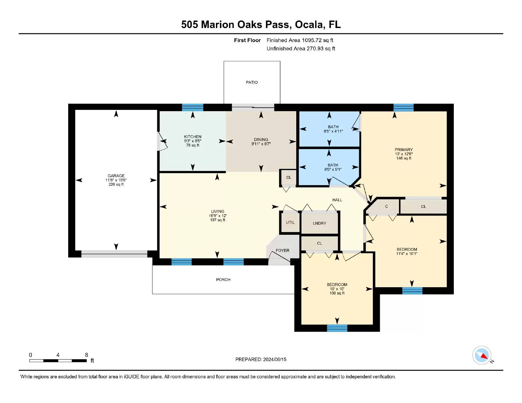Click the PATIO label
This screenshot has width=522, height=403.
pos(252,82)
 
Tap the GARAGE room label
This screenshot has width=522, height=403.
pos(116,176)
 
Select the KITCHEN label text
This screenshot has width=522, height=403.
pos(193,137)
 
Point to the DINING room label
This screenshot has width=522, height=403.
pos(261,140)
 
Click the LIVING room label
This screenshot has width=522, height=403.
pos(218,211)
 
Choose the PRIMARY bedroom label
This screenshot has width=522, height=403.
pos(404,150)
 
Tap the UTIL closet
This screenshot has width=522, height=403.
pos(290,222)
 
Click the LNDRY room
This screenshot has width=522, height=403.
pos(319,223)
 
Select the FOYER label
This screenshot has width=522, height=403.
pos(283,250)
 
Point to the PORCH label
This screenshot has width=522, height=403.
pos(223,280)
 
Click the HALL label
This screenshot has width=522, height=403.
pos(337,200)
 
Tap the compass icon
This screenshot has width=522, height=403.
pos(482,355)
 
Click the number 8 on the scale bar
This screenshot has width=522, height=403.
pos(86,355)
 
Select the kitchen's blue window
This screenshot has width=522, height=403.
pos(193,107)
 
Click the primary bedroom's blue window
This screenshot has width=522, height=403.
pos(404,107)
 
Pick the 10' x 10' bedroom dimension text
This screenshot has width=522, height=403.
pos(337,289)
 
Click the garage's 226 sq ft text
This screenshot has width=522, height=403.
pos(116,184)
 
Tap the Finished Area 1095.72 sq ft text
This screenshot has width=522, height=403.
pos(300,40)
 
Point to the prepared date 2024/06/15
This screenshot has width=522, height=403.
pos(275,359)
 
